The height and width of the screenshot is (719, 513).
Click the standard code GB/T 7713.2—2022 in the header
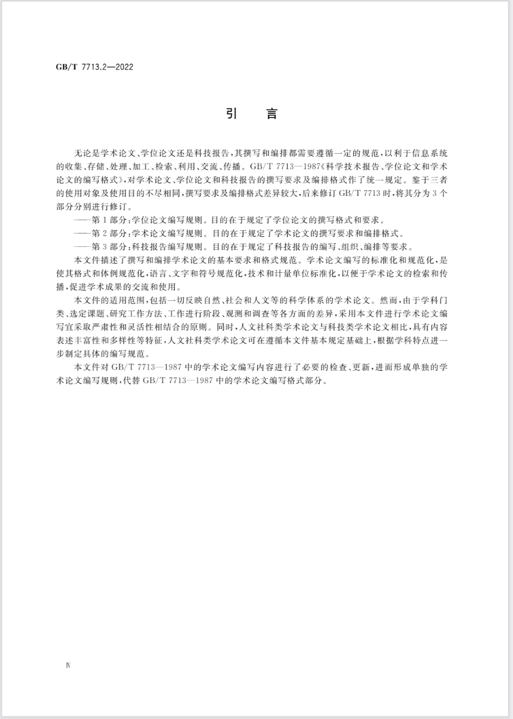(x=94, y=67)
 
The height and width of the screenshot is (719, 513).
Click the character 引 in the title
(x=231, y=114)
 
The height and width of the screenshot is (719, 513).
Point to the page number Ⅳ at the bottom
(x=68, y=665)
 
